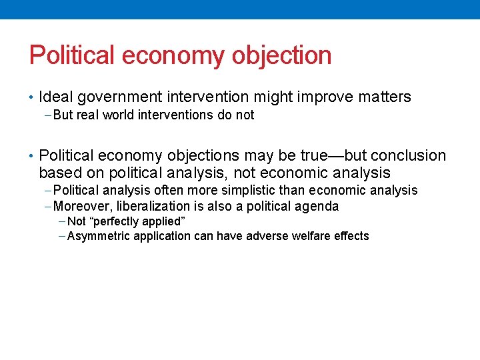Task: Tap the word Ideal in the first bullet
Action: pos(56,97)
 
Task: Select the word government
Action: pos(118,97)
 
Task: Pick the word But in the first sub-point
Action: pos(63,115)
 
